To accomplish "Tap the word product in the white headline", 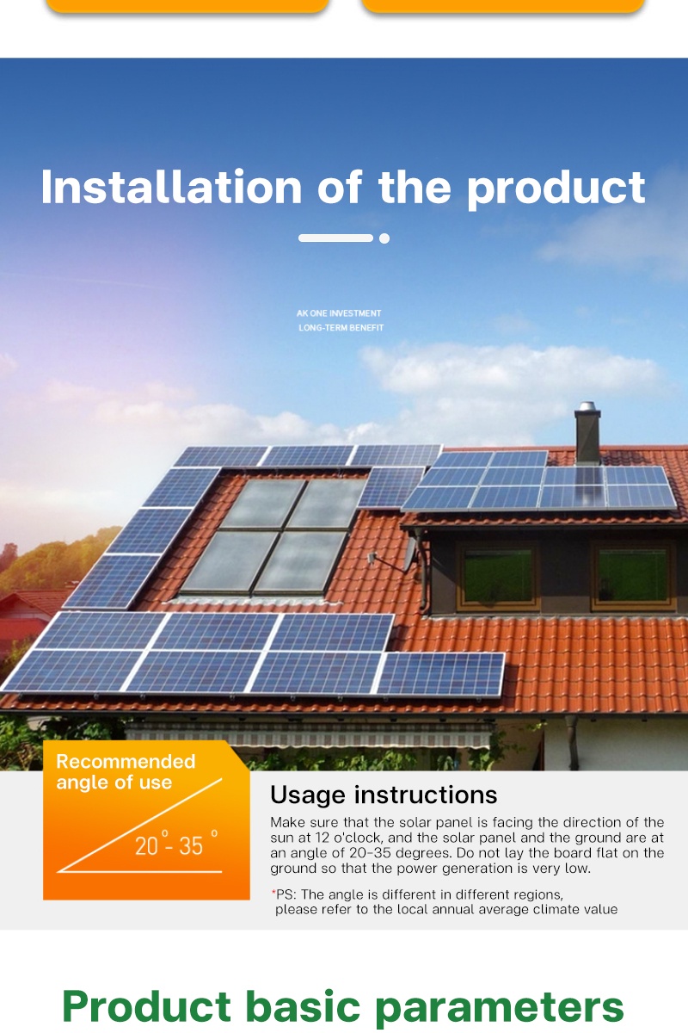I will pos(556,188).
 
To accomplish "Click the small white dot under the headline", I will pos(384,238).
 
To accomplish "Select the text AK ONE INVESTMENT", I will pos(339,313).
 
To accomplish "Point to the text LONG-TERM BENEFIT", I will pos(341,328).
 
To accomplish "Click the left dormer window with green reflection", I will pos(498,575).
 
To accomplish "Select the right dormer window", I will pos(632,575).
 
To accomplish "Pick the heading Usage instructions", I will pos(384,795).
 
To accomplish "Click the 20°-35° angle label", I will pos(172,845).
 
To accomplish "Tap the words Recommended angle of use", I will pos(126,772).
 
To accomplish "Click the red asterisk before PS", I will pos(273,894).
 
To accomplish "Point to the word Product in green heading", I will pos(147,1005).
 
